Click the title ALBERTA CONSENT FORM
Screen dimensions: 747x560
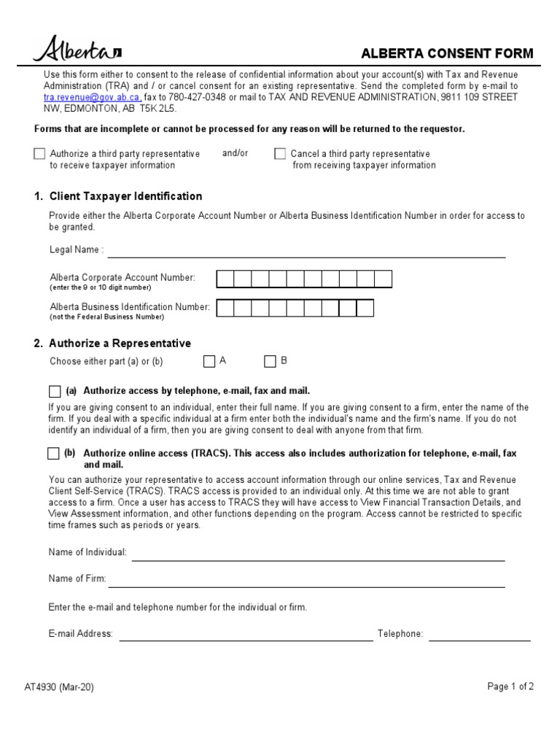448,53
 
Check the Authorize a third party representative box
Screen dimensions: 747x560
39,154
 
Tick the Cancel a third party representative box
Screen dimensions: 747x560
280,154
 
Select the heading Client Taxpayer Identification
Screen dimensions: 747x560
118,196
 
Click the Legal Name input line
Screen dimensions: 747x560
306,252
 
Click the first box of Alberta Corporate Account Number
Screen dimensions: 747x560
225,279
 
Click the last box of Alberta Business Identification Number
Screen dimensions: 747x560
365,308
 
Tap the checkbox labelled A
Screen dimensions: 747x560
209,361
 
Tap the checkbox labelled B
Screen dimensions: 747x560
271,361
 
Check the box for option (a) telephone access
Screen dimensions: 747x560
55,391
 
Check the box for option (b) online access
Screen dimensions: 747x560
53,454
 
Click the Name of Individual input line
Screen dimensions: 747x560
318,555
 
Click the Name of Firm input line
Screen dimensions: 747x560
306,581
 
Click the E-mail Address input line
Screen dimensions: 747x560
246,636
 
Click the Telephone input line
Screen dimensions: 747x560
480,636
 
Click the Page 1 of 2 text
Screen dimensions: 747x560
510,686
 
